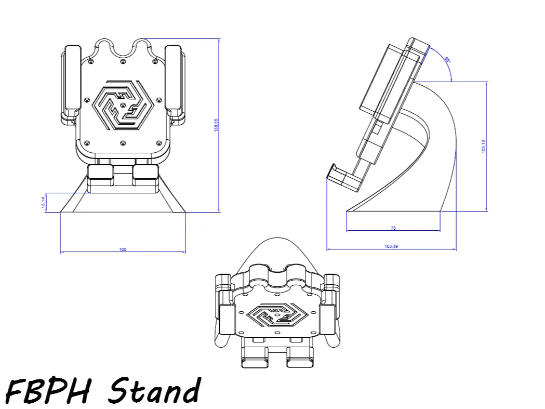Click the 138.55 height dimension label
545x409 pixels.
(216, 125)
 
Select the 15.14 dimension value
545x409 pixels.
(44, 202)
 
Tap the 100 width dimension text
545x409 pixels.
(123, 250)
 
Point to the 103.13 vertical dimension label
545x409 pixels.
(483, 146)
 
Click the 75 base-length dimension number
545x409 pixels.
(393, 228)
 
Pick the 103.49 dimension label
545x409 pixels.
(391, 246)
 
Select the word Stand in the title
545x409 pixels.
(155, 390)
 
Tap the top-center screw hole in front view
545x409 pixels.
(123, 62)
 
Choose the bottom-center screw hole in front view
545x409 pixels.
(123, 143)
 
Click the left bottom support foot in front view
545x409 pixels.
(101, 176)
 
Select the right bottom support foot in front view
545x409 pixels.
(145, 176)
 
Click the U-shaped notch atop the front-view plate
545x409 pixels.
(123, 49)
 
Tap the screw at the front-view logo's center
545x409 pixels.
(123, 105)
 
